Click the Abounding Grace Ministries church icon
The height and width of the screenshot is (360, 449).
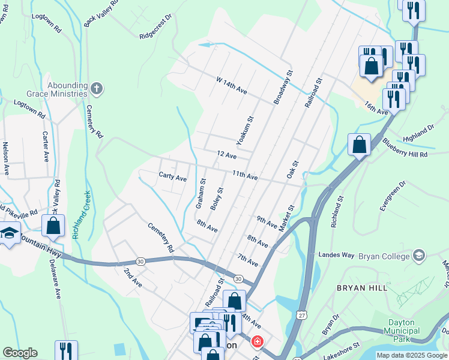point(97,90)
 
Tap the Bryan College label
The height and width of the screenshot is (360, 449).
point(384,256)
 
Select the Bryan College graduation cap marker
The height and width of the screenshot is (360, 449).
point(418,256)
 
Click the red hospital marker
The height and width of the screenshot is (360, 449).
point(257,342)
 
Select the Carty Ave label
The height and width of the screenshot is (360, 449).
point(172,178)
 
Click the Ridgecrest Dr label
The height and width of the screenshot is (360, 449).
point(155,26)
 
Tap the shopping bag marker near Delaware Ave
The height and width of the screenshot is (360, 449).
point(53,226)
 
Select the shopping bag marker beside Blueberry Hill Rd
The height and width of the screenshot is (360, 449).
point(359,145)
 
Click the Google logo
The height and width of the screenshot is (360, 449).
point(19,353)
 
